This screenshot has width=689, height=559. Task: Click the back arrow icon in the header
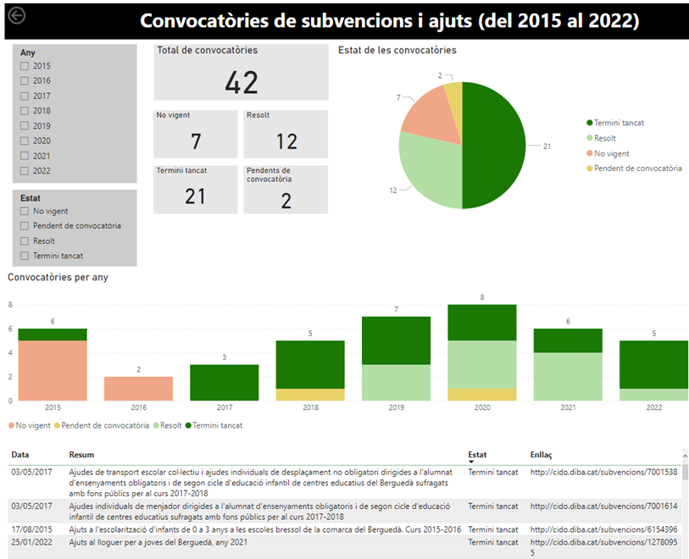pos(16,15)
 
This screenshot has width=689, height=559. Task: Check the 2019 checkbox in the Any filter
pos(25,126)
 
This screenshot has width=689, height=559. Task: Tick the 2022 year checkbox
pos(25,171)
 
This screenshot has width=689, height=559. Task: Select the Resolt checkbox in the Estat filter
pos(25,241)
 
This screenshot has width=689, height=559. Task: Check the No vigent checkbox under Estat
pos(25,211)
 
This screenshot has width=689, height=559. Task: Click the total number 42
pos(242,82)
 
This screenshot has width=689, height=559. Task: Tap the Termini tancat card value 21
pos(196,196)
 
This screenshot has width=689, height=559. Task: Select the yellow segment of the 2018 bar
pos(310,395)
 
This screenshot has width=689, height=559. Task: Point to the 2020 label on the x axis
pos(481,408)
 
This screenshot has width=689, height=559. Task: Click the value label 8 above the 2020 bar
pos(481,297)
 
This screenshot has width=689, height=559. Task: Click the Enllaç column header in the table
pos(542,455)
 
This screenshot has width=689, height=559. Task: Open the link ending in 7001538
pos(603,472)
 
